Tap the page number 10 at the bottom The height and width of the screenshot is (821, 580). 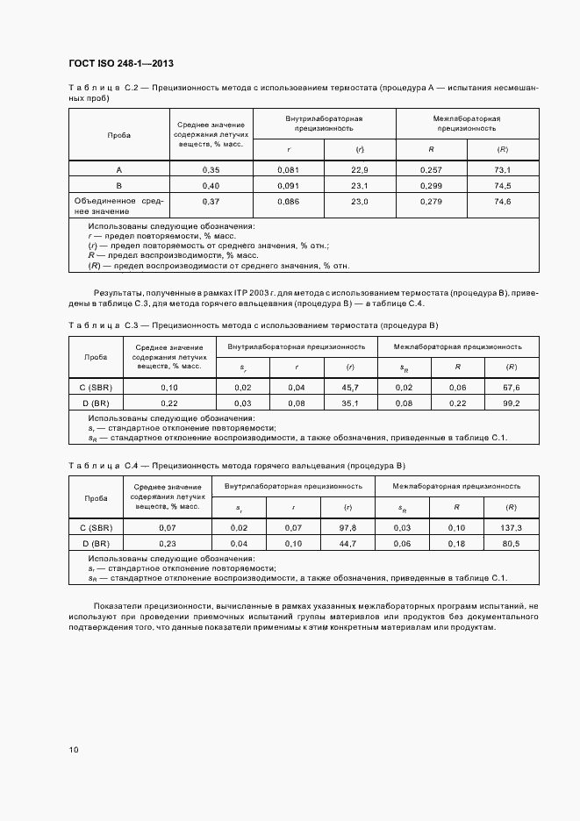coord(74,749)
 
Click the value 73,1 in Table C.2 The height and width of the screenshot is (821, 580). coord(502,169)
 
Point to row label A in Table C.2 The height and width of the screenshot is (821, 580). coord(118,169)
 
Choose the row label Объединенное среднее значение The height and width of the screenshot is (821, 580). coord(118,206)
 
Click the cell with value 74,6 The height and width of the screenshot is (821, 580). coord(502,202)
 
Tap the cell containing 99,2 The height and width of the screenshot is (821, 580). coord(512,403)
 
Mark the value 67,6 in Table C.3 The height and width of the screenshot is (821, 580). coord(512,387)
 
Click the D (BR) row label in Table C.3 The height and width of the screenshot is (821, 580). coord(96,403)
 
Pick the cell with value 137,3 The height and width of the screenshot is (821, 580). coord(512,527)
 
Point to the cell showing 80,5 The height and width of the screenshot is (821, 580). coord(512,544)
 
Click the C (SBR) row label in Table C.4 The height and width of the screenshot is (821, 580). coord(96,527)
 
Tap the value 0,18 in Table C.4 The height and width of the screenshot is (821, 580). coord(456,544)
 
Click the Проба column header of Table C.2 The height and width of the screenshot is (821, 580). coord(118,135)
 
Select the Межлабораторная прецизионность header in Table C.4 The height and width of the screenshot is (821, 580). coord(456,485)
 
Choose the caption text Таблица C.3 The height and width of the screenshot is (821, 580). coord(99,325)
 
